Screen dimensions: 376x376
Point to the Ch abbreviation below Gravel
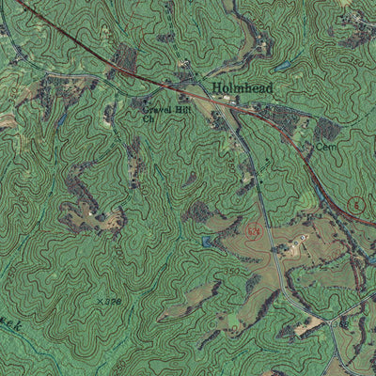pyautogui.click(x=148, y=120)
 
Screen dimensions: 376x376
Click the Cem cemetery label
pyautogui.click(x=324, y=148)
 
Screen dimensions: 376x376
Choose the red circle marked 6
pyautogui.click(x=355, y=204)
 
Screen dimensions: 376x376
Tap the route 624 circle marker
pyautogui.click(x=252, y=228)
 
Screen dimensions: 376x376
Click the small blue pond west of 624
pyautogui.click(x=207, y=243)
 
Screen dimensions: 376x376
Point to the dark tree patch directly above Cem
pyautogui.click(x=325, y=129)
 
